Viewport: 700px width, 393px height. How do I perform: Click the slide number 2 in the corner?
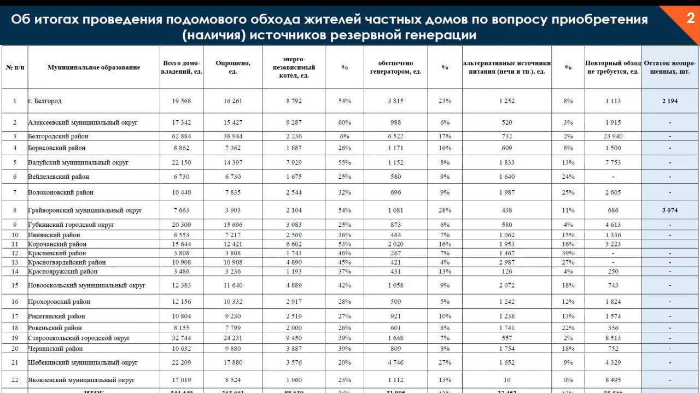click(x=690, y=19)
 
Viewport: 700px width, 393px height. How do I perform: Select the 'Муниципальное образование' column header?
click(x=94, y=67)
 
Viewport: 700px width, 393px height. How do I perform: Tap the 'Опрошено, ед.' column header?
click(x=233, y=67)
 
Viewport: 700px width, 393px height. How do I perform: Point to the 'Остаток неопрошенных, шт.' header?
click(x=670, y=67)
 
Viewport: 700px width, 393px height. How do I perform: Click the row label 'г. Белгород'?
click(x=45, y=101)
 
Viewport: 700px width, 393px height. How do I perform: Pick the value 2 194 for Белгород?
click(x=670, y=101)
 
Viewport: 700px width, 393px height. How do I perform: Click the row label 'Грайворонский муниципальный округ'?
click(x=85, y=210)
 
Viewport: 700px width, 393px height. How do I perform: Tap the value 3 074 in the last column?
click(x=670, y=210)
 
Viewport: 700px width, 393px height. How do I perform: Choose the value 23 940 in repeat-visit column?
click(x=613, y=136)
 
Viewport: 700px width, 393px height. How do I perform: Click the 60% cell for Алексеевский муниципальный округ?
click(x=345, y=122)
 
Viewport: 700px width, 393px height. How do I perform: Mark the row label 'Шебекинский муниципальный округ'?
click(x=83, y=362)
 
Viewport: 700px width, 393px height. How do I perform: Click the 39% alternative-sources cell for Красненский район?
click(x=568, y=253)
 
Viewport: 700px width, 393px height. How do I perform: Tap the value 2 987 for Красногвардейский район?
click(x=507, y=262)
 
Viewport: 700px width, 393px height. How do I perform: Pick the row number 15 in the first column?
click(x=15, y=285)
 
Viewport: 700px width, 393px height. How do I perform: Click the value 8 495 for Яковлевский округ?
click(x=613, y=380)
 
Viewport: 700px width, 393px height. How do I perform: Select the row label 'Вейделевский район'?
click(x=59, y=177)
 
